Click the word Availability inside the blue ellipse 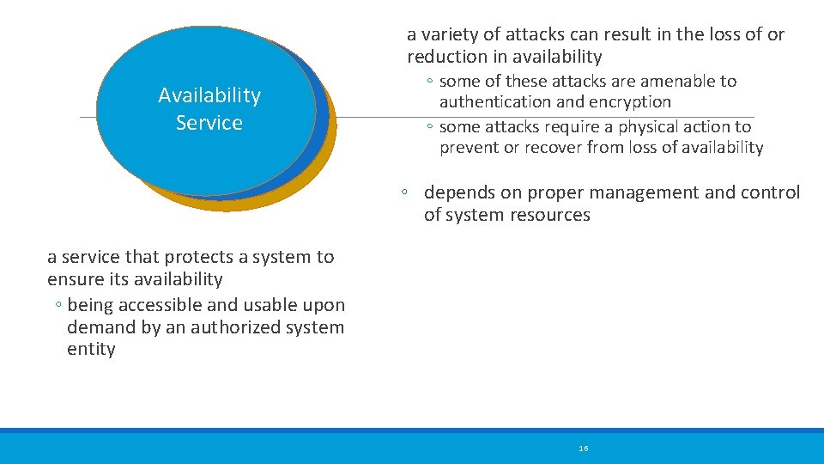click(x=209, y=95)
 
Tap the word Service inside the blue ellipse click(x=209, y=123)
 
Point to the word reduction click(x=445, y=57)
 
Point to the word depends click(x=459, y=192)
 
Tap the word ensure click(x=76, y=279)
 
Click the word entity click(x=91, y=349)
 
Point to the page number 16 click(x=584, y=449)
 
